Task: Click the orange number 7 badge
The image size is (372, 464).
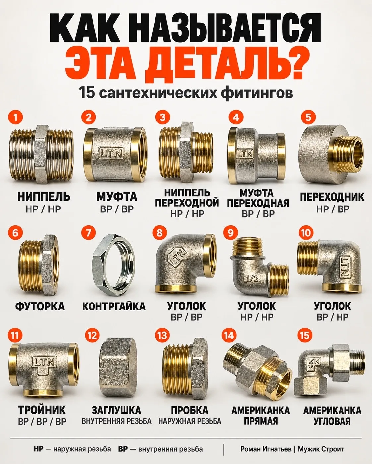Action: tap(88, 233)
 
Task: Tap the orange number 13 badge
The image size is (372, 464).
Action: tap(162, 335)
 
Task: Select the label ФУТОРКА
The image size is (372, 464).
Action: tap(40, 306)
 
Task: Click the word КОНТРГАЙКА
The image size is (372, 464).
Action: tap(114, 306)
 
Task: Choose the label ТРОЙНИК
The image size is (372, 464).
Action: tap(42, 410)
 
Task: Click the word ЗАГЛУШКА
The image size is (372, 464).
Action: tap(116, 410)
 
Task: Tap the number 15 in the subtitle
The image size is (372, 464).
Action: tap(87, 92)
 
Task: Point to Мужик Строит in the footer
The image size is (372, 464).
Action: tap(321, 449)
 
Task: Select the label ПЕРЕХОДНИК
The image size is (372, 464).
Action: tap(332, 197)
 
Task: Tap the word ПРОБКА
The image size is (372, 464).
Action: tap(190, 410)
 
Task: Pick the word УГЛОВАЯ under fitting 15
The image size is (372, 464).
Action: tap(332, 421)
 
